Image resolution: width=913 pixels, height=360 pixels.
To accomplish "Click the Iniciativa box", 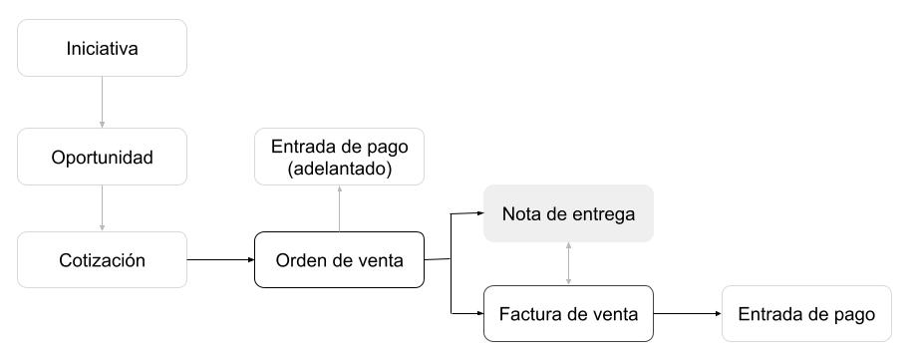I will pos(102,48).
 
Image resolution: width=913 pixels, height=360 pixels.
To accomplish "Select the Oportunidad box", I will pos(102,158).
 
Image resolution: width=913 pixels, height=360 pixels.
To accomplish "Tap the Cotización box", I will pos(102,260).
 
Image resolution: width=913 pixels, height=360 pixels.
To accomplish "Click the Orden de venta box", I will pos(339,260).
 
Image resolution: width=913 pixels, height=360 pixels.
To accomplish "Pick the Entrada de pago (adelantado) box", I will pos(339,158).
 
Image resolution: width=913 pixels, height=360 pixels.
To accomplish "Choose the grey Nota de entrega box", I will pos(568,213).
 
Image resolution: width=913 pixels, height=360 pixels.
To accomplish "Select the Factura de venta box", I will pos(568,314).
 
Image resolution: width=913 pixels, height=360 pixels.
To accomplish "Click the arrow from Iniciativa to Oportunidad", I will pos(102,102).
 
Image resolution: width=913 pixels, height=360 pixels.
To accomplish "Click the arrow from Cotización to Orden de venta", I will pos(219,260).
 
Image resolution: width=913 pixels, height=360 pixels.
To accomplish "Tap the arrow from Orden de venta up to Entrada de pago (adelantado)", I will pos(339,208).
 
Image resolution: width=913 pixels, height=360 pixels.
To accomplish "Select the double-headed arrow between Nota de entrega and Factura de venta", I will pos(568,263).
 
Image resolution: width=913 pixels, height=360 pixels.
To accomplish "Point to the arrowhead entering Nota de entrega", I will pos(479,213).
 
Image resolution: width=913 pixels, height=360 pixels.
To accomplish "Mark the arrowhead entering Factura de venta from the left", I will pos(479,314).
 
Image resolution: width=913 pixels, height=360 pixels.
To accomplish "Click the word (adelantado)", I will pos(339,170).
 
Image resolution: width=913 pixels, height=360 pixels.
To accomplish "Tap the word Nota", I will pos(520,213).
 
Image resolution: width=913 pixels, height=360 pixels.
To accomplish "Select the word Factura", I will pos(532,314).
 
